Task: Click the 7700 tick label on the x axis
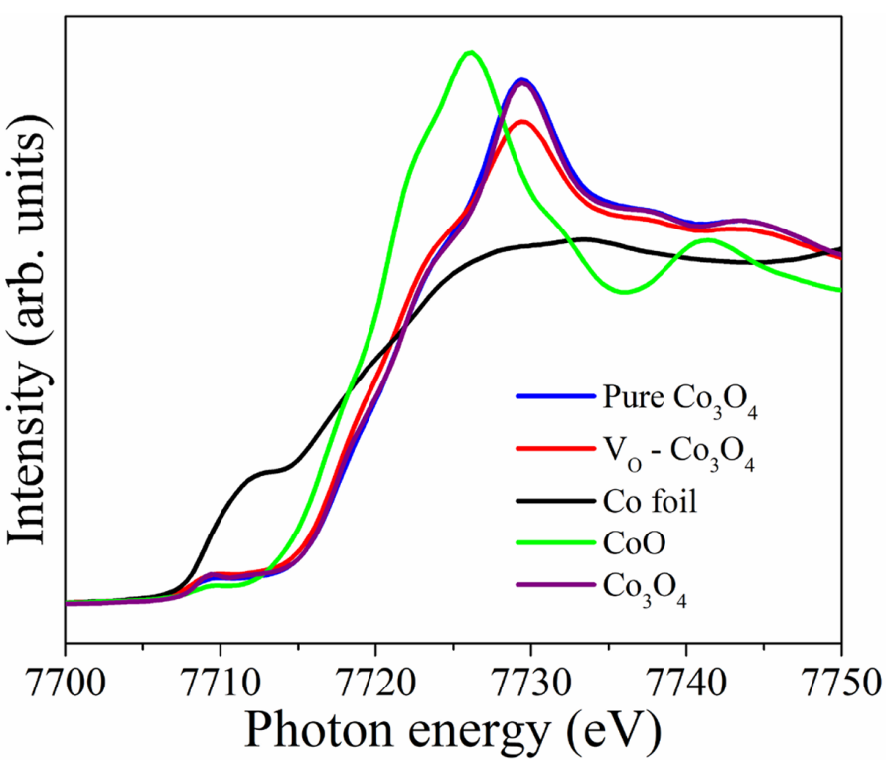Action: click(x=65, y=685)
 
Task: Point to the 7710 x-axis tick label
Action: click(x=220, y=685)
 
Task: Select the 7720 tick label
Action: click(x=375, y=685)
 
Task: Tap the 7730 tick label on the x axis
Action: click(x=531, y=685)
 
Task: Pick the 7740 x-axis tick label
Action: click(x=686, y=685)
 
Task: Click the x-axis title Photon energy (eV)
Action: click(x=453, y=733)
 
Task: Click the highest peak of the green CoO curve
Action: click(x=470, y=52)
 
